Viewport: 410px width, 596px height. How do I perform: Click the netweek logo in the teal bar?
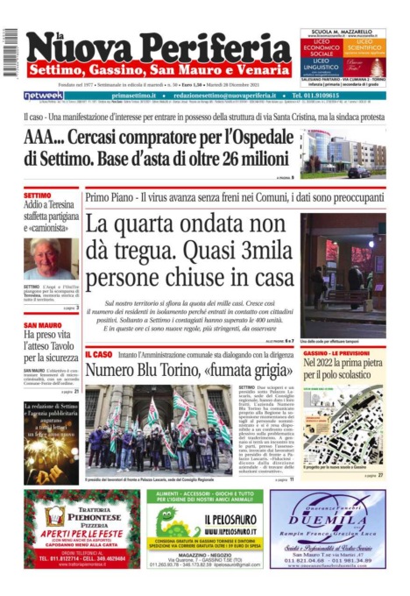click(44, 95)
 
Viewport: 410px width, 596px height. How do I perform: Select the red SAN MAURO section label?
click(43, 325)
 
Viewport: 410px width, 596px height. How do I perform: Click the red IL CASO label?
click(98, 354)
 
